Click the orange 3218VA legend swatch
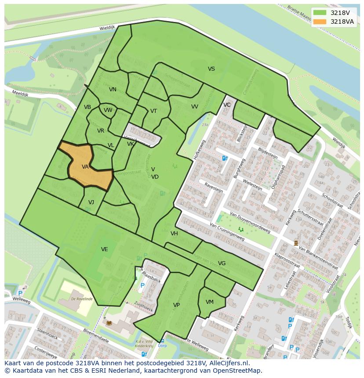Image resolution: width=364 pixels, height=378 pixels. (x=320, y=22)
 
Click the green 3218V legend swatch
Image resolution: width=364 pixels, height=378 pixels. (x=320, y=13)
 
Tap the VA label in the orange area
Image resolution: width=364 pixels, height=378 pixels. (x=85, y=167)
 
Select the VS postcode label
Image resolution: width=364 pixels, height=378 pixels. (x=211, y=69)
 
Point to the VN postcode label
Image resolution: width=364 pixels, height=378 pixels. (x=113, y=90)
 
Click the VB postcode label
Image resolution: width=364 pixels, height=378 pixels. (x=87, y=107)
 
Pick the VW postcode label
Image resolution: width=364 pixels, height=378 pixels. (x=108, y=110)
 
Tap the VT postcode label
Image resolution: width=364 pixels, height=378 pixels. (x=153, y=111)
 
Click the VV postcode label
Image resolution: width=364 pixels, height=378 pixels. (x=194, y=107)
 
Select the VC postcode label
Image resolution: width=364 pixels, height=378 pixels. (x=227, y=105)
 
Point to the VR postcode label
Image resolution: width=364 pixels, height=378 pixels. (x=101, y=131)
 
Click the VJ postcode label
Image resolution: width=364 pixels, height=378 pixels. (x=91, y=202)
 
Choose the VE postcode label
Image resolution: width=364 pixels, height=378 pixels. (x=104, y=249)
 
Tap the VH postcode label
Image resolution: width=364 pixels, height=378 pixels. (x=174, y=234)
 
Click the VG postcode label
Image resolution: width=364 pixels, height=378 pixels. (x=222, y=263)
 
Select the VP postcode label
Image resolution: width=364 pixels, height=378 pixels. (x=176, y=305)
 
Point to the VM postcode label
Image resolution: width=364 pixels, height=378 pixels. (x=210, y=302)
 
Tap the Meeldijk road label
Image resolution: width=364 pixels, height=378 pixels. (x=13, y=92)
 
